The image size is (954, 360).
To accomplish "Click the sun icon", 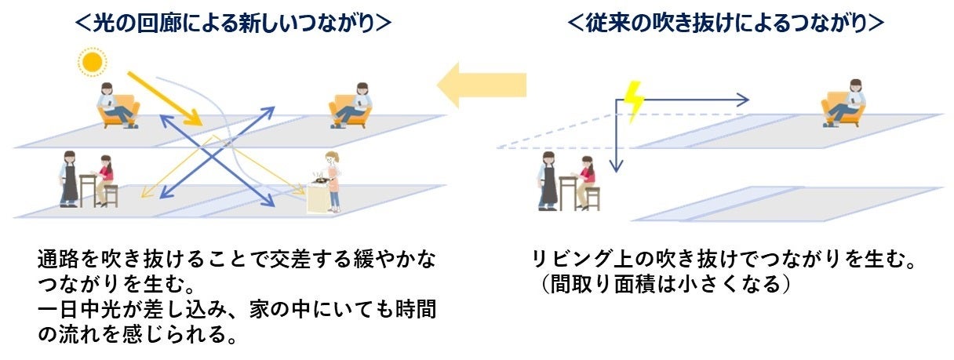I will point(93,61).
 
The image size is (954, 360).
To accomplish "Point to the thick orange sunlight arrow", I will point(166,99).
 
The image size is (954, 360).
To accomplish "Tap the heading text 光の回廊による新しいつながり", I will point(233,24).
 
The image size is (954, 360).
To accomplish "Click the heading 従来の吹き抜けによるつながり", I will point(726,24).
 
